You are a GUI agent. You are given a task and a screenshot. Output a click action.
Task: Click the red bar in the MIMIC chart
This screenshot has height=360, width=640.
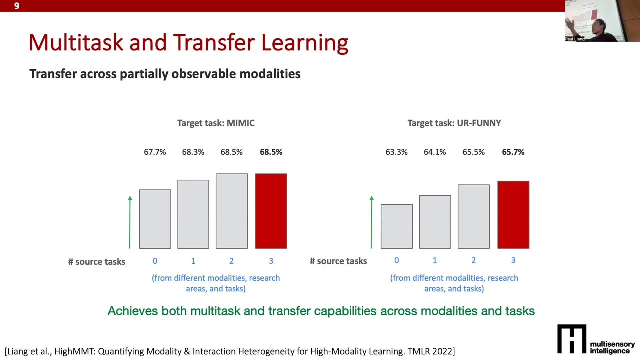tap(271, 211)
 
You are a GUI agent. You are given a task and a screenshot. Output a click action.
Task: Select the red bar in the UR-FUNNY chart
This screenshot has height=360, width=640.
tap(513, 215)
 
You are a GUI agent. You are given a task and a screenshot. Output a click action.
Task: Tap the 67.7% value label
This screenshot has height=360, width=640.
tap(155, 152)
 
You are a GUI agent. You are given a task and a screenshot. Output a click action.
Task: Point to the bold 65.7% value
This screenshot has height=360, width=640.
tap(513, 152)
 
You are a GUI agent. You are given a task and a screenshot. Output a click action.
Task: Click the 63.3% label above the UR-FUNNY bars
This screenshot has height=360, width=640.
tap(396, 152)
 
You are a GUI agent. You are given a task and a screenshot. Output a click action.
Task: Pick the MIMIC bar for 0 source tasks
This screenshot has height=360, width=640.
tap(155, 219)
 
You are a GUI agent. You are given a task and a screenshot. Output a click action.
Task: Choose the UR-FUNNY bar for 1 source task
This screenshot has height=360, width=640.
tap(435, 222)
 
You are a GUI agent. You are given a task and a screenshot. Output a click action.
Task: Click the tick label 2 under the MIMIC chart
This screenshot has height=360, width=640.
tap(231, 261)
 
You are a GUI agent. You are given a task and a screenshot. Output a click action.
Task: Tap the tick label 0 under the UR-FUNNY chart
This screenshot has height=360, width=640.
tap(396, 260)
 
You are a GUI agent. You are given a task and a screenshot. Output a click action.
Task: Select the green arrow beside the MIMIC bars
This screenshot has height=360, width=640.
tap(130, 222)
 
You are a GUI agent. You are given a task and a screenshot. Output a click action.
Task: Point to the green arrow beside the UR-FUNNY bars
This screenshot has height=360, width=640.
tap(371, 222)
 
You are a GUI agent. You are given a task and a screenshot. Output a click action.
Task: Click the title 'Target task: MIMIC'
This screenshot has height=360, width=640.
tap(216, 123)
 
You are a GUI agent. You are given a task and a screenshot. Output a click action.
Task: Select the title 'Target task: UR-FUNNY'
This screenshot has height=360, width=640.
tap(454, 123)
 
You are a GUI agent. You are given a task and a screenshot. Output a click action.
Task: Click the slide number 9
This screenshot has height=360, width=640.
tap(17, 6)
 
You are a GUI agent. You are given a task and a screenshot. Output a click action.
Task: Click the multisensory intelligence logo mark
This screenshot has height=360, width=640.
tap(572, 339)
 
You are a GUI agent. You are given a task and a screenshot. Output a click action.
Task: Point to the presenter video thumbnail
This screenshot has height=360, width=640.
tap(602, 21)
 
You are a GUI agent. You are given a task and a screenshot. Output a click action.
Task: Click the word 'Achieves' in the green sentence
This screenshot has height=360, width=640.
tap(132, 311)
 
